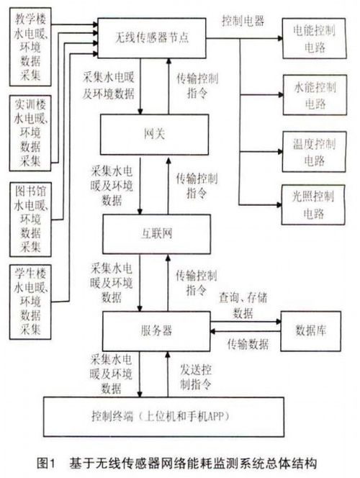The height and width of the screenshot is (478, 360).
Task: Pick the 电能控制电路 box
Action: [x=310, y=37]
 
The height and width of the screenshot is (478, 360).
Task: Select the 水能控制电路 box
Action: [x=310, y=93]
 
